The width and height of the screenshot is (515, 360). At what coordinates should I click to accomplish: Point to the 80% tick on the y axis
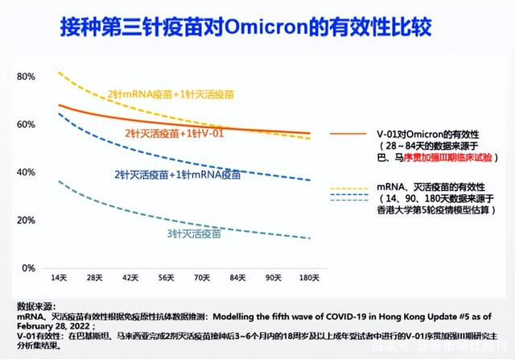pyautogui.click(x=27, y=77)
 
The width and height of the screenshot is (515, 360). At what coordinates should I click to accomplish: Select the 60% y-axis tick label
pyautogui.click(x=27, y=125)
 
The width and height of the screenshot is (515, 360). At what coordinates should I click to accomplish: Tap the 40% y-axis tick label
pyautogui.click(x=27, y=172)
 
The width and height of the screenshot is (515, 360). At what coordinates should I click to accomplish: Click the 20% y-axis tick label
pyautogui.click(x=27, y=220)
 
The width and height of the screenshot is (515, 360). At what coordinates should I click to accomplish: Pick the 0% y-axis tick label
pyautogui.click(x=28, y=268)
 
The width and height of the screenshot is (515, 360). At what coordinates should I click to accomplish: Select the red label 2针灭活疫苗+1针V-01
pyautogui.click(x=174, y=132)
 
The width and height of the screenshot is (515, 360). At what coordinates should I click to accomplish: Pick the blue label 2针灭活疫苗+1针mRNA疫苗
pyautogui.click(x=177, y=174)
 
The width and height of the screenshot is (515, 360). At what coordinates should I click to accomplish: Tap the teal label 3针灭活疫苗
pyautogui.click(x=193, y=234)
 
